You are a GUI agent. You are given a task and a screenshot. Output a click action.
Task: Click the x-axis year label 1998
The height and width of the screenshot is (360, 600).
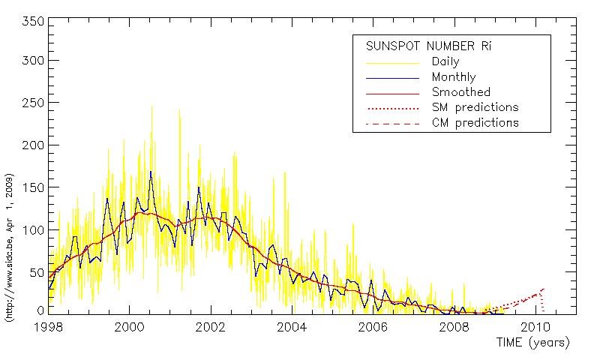click(x=48, y=327)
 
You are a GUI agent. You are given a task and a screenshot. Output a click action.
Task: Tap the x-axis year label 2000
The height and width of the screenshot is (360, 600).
click(x=129, y=327)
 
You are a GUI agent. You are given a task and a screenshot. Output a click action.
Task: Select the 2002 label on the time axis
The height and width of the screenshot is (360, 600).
click(x=210, y=327)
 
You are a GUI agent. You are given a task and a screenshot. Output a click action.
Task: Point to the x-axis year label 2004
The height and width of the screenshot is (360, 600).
click(x=291, y=327)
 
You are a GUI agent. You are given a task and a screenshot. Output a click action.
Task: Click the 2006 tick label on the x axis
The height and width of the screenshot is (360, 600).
click(x=373, y=327)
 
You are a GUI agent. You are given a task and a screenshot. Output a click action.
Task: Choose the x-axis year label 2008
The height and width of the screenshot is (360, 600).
click(x=454, y=327)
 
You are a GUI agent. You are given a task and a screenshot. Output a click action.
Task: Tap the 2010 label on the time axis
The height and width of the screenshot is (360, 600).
click(x=535, y=327)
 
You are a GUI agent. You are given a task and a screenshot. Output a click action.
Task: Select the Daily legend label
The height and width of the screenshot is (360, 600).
click(x=446, y=61)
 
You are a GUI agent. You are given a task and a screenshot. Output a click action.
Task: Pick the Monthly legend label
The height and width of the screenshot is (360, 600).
click(x=454, y=77)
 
